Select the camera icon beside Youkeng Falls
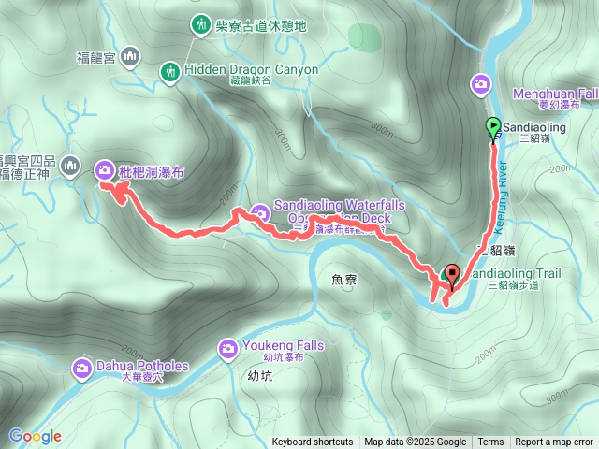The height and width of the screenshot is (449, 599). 226,349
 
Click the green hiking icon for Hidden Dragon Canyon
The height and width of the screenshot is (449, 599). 169,70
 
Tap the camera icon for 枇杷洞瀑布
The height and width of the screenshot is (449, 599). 104,169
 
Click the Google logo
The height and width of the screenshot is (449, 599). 36,436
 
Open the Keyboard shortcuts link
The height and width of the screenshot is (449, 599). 313,442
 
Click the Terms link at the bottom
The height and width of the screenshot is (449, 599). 490,442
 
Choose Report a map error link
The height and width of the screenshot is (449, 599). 554,442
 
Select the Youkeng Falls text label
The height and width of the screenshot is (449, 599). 280,345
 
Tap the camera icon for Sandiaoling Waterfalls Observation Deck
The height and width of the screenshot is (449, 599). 260,214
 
